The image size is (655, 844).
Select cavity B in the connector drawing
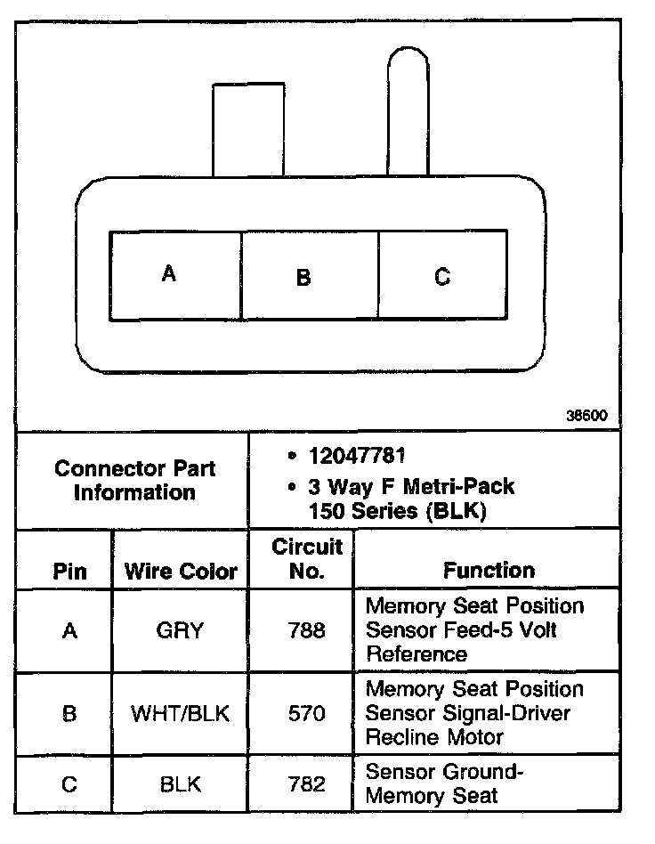[x=310, y=276]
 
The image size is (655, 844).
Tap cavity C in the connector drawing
[x=441, y=276]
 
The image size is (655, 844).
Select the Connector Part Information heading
[x=134, y=480]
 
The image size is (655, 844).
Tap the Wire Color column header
[x=181, y=571]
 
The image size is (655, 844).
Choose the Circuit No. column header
[x=307, y=558]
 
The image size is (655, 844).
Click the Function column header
[x=489, y=570]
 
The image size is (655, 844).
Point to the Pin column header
[x=70, y=571]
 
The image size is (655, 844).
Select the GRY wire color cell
[x=182, y=630]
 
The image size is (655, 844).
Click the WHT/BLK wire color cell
[x=181, y=713]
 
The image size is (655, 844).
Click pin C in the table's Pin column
[x=69, y=784]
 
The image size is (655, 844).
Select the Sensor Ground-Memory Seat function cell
[x=445, y=784]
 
